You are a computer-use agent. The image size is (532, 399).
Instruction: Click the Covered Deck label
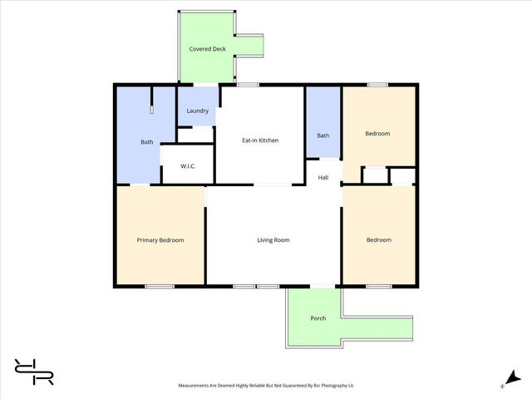[207, 49]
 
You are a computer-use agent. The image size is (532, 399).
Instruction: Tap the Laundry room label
[197, 111]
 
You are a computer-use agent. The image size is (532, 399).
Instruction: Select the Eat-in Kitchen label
[259, 140]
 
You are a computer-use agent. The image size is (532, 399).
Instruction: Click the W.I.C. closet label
[188, 166]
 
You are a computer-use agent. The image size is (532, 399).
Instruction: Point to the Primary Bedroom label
[160, 240]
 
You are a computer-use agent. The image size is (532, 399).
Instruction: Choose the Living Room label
[273, 240]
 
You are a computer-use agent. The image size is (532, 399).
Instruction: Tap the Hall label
[323, 177]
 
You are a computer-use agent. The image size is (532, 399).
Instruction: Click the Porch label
[318, 318]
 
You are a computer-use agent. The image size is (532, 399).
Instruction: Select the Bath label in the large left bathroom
[146, 142]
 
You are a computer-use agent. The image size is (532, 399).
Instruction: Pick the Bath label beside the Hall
[323, 135]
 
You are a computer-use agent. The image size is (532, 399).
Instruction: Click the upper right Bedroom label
[377, 134]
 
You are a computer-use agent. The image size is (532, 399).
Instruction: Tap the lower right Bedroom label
[378, 240]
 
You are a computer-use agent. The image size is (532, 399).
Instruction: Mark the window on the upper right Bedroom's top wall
[377, 84]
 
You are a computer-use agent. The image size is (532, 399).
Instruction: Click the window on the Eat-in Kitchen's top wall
[247, 84]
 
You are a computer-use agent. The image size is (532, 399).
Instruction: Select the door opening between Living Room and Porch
[322, 287]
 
